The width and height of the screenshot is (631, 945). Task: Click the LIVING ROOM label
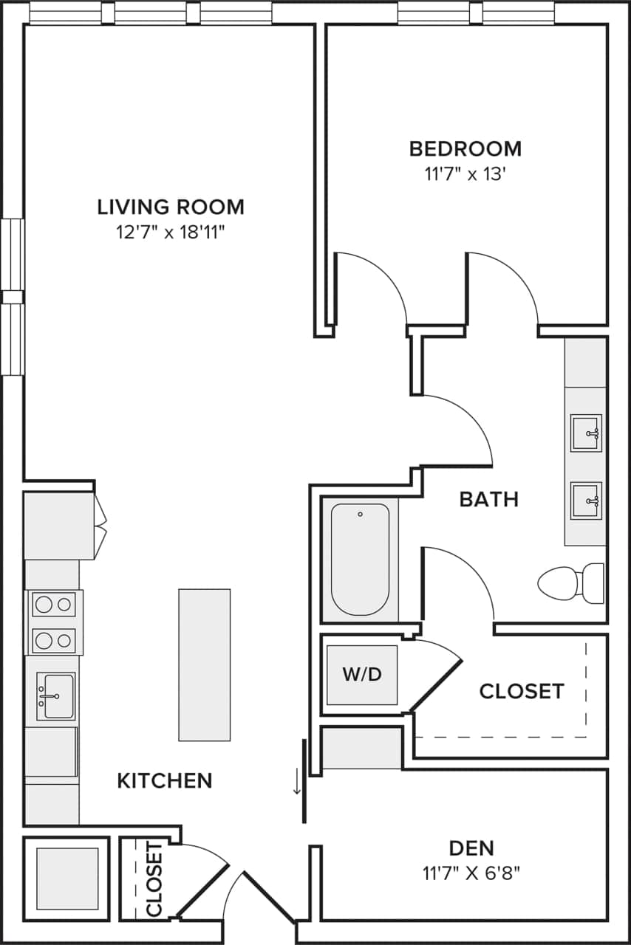tap(171, 207)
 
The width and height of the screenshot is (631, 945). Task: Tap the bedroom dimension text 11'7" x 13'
tap(465, 174)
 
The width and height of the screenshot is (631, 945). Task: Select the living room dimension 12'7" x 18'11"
tap(171, 233)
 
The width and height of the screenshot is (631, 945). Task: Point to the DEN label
tap(471, 848)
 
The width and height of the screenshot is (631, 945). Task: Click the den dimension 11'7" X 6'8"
tap(471, 873)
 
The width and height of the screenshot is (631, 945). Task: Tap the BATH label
tap(488, 500)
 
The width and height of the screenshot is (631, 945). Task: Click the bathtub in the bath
tap(360, 559)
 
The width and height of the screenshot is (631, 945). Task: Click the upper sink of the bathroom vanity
tap(586, 433)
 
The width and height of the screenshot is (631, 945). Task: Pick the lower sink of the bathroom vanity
tap(586, 501)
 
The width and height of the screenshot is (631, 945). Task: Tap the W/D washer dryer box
tap(362, 675)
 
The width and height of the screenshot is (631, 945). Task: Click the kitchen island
tap(204, 664)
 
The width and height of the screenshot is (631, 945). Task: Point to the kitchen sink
tap(56, 696)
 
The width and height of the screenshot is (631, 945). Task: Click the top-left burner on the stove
tap(44, 605)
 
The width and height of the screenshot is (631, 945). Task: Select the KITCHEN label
tap(165, 780)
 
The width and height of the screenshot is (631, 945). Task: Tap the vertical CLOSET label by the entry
tap(154, 879)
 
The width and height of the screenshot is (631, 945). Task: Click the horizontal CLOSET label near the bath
tap(522, 691)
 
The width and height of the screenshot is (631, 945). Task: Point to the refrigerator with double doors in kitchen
tap(59, 526)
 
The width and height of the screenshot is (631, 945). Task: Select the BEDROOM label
tap(465, 148)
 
